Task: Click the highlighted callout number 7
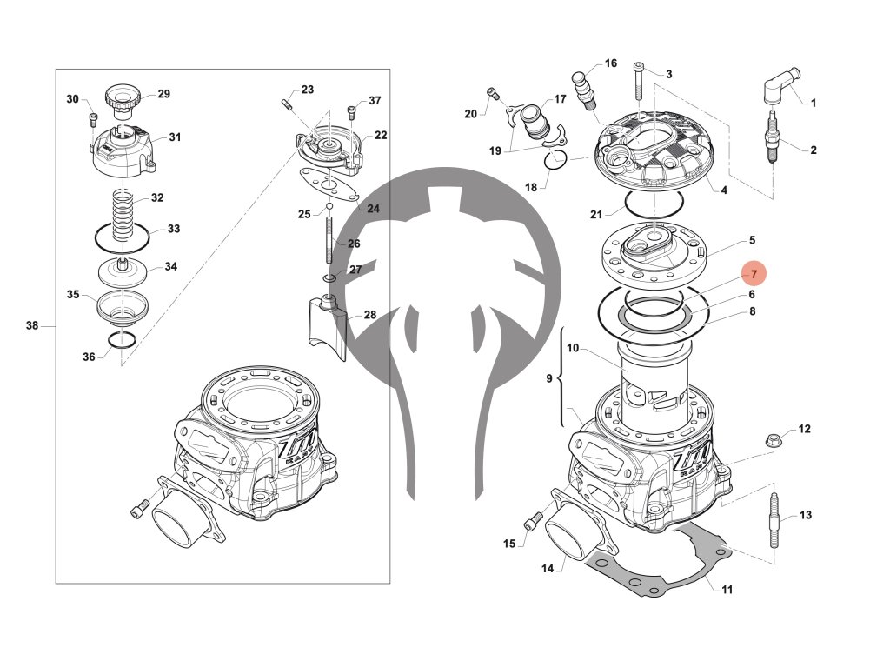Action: tap(754, 274)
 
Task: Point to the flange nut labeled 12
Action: tap(771, 440)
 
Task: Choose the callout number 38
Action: tap(32, 326)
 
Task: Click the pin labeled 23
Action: tap(286, 105)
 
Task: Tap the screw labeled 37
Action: tap(352, 112)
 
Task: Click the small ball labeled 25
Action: tap(329, 207)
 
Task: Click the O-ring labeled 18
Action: tap(555, 159)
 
